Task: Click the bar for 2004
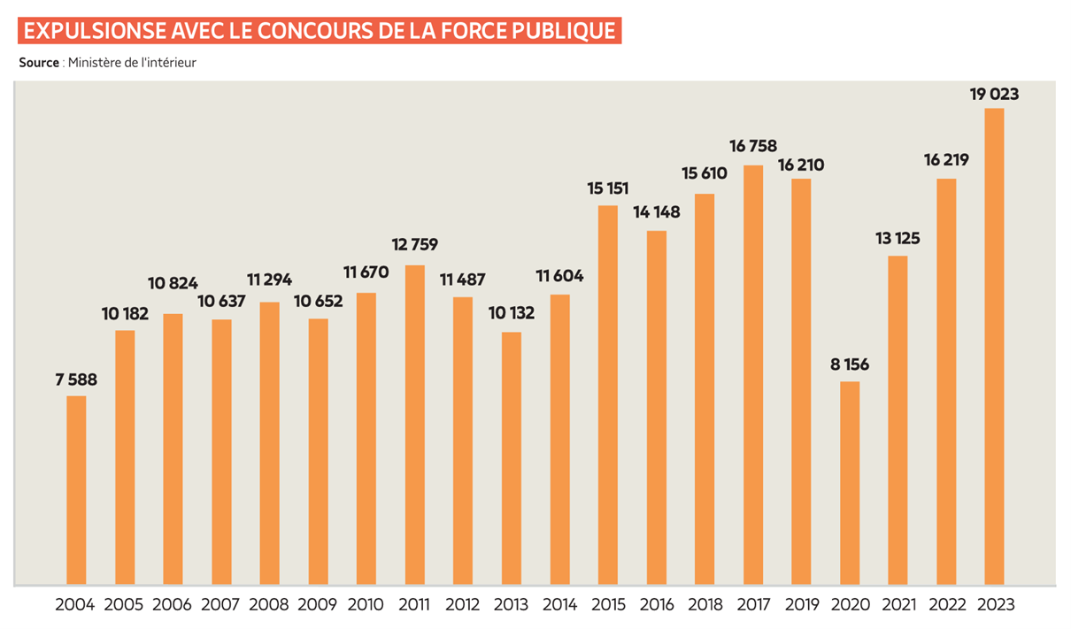[x=76, y=490]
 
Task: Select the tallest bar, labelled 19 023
[x=994, y=346]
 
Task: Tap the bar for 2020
[x=849, y=483]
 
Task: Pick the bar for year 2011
[x=414, y=425]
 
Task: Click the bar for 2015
[x=607, y=395]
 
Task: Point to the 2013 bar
[x=511, y=458]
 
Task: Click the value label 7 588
[x=76, y=380]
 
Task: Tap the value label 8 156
[x=849, y=365]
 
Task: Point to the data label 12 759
[x=414, y=244]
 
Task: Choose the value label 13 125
[x=898, y=238]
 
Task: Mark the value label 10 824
[x=173, y=283]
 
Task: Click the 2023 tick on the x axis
[x=994, y=605]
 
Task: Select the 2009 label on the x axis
[x=318, y=605]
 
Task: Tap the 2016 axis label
[x=656, y=605]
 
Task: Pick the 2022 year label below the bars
[x=945, y=605]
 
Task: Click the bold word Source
[x=38, y=63]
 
